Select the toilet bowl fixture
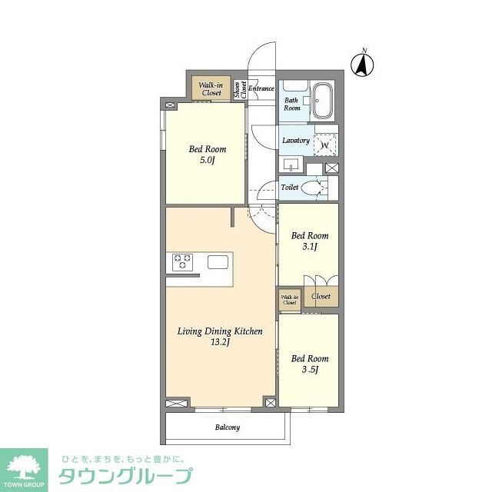[x=313, y=188]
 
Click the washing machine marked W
[x=325, y=145]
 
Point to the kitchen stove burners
[x=182, y=262]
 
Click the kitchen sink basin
[x=218, y=261]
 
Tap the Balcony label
[x=227, y=427]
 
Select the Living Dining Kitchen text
[x=220, y=331]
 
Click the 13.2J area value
[x=221, y=343]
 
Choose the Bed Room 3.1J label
[x=309, y=241]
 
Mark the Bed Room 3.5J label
[x=309, y=364]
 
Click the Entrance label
[x=261, y=88]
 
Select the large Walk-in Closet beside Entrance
[x=211, y=88]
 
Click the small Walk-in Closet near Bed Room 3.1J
[x=289, y=300]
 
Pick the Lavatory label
[x=296, y=141]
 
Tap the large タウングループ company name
[x=125, y=476]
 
